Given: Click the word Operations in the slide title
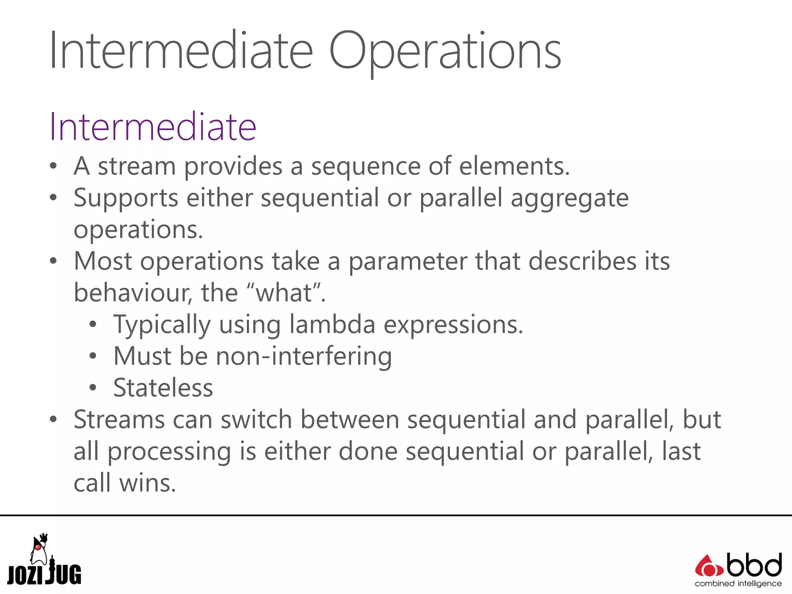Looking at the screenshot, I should pos(445,51).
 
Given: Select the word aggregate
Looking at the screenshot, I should pos(569,198).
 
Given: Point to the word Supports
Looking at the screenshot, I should pos(126,198).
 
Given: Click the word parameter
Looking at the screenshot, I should pos(408,262).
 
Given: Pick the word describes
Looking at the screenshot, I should pos(582,261).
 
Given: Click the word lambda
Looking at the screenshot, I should pos(332,324).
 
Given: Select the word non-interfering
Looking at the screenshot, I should pos(304,356).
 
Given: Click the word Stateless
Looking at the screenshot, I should pos(163,388).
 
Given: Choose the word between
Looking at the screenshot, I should pos(350,420).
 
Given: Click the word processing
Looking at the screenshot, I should pos(169,452).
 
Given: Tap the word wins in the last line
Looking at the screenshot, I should pos(147,483).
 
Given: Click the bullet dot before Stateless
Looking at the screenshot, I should pos(92,388).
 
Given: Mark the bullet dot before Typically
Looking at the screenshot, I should pos(92,324).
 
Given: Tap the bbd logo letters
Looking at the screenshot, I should pos(754,566).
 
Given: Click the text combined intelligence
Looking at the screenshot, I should pos(738,584).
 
